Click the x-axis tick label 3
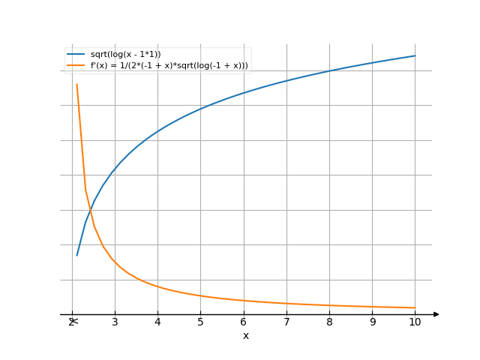[115, 322]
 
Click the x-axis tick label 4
[157, 322]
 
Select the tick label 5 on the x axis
[200, 322]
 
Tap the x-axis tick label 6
[244, 322]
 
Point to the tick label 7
[286, 322]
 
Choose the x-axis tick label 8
[329, 322]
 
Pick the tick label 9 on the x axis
[373, 322]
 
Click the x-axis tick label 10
[415, 322]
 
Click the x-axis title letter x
[245, 335]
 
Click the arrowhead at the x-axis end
[436, 314]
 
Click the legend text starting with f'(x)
[169, 66]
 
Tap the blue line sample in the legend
[75, 55]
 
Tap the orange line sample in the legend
[75, 66]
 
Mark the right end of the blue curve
[415, 55]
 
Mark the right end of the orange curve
[415, 307]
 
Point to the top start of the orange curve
[76, 84]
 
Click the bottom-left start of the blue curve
[76, 256]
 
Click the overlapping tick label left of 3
[72, 322]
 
